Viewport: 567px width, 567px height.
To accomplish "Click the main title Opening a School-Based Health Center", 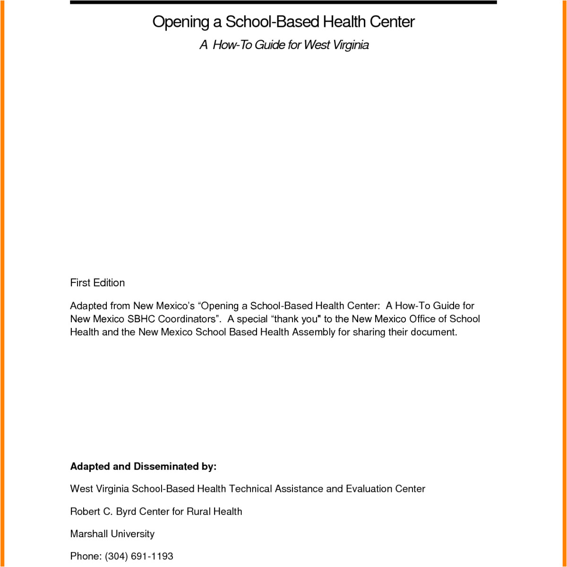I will click(283, 22).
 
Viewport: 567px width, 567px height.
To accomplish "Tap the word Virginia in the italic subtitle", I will click(351, 45).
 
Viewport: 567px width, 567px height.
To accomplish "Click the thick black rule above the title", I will click(283, 2).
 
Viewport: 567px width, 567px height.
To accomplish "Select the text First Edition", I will click(97, 283).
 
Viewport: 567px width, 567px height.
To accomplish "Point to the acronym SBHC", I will click(141, 319).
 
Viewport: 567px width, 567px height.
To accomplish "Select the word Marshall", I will click(89, 534).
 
